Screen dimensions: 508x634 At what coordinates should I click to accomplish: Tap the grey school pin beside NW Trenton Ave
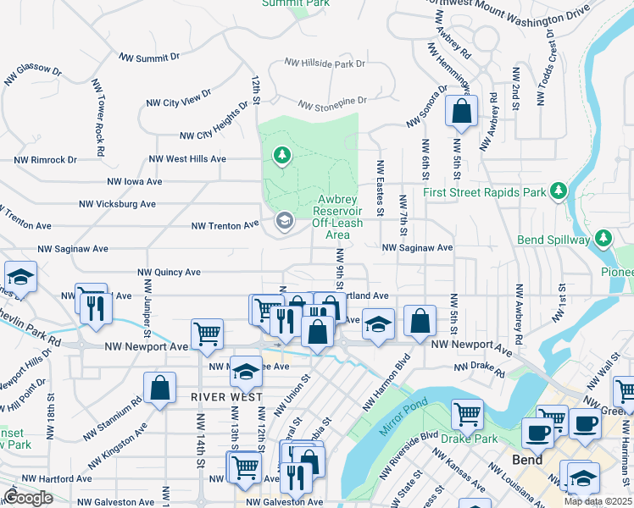coord(284,222)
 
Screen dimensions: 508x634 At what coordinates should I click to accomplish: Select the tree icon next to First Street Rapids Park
coord(559,192)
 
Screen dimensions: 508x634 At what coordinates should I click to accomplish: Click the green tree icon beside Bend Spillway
coord(603,239)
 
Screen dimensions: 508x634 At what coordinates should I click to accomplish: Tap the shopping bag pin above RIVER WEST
coord(160,389)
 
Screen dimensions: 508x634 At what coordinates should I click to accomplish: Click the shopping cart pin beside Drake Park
coord(467,415)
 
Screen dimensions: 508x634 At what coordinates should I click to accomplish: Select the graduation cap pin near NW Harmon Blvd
coord(379,323)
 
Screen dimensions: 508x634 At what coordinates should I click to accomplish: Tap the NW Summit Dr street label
coord(149,58)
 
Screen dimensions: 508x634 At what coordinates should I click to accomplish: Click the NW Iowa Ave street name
coord(134,181)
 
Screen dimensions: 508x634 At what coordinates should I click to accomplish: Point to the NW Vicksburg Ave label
coord(117,204)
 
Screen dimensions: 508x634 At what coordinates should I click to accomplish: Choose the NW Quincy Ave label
coord(170,273)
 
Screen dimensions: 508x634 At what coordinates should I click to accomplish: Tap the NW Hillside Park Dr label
coord(325,63)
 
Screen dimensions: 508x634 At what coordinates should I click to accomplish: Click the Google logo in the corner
coord(28,498)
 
